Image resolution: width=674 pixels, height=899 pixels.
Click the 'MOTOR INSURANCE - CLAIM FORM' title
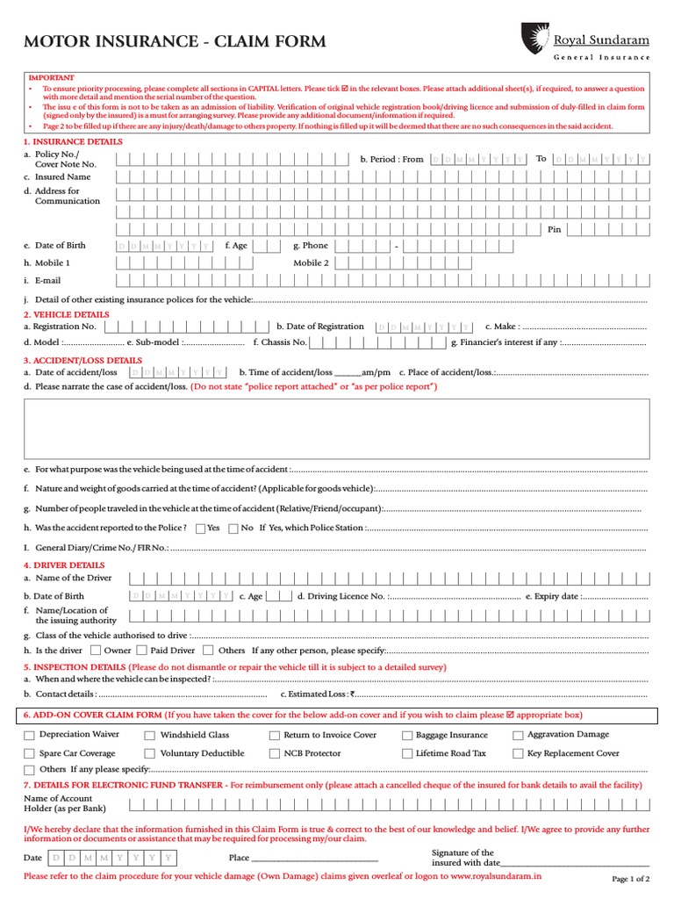175,41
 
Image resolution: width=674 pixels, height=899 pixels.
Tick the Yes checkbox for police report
201,529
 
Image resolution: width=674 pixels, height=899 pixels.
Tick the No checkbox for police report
233,529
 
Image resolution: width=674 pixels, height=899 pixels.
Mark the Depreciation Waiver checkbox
30,736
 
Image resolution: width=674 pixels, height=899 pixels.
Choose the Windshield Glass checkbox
150,736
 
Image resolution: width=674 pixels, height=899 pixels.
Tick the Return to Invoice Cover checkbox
275,736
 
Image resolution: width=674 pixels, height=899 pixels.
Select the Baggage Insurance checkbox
407,736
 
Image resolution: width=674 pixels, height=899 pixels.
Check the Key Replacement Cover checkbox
519,754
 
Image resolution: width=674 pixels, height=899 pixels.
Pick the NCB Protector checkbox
275,754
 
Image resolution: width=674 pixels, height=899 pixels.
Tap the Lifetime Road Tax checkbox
407,754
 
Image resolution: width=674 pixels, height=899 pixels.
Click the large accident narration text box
337,428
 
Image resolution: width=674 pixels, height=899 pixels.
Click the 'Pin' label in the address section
554,229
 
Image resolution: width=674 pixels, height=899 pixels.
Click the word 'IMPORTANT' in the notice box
52,77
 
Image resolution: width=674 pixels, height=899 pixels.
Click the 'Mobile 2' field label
311,263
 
